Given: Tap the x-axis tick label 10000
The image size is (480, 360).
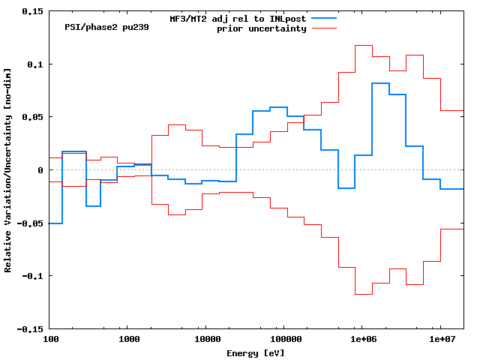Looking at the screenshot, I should (x=205, y=340).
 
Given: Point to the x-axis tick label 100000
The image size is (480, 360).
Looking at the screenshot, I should (x=283, y=340).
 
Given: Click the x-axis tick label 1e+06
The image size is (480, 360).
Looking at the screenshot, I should (x=361, y=340).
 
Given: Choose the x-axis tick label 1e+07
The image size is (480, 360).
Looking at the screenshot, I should (x=439, y=340).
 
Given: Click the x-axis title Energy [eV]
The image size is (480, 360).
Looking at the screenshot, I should (x=256, y=352).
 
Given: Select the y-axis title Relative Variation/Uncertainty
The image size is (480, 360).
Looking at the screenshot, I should (x=7, y=170).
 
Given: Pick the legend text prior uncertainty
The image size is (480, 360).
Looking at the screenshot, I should (x=262, y=28).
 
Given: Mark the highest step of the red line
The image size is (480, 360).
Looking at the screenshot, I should (x=363, y=46).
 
